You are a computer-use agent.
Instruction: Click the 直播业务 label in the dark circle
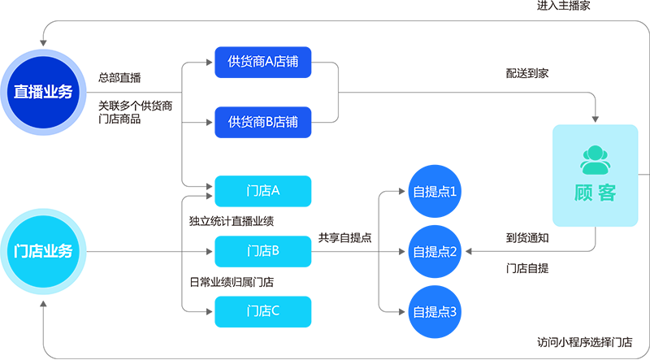point(43,92)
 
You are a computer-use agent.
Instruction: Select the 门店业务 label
point(43,251)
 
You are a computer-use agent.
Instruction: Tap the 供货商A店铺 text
point(262,62)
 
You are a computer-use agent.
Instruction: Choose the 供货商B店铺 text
point(262,122)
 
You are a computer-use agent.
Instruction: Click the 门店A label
point(262,191)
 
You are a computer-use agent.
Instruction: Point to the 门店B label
point(262,250)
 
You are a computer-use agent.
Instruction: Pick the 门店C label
point(262,310)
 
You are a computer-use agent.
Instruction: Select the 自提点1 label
point(435,193)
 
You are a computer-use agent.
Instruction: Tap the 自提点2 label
point(435,252)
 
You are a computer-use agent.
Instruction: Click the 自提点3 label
point(435,311)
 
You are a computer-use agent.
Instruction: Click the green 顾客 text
point(596,193)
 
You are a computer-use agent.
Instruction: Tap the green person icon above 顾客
point(596,161)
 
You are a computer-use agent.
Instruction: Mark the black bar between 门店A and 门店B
point(236,220)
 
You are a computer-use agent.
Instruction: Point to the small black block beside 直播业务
point(124,67)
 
